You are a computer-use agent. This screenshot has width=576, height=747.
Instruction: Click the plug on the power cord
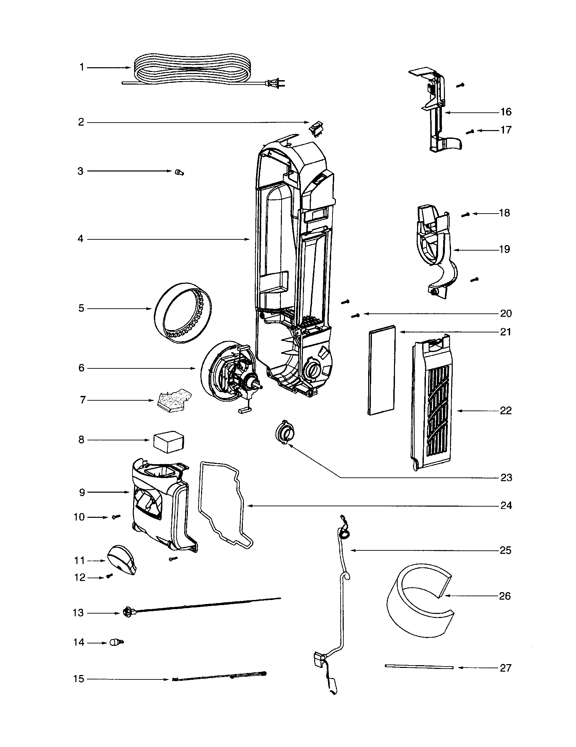tap(277, 83)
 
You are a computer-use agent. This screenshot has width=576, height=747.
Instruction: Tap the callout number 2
tap(81, 122)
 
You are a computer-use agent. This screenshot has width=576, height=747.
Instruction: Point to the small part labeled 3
tap(179, 172)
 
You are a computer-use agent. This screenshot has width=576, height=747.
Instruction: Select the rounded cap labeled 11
tap(122, 560)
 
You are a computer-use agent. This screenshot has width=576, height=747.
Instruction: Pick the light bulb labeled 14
tap(115, 643)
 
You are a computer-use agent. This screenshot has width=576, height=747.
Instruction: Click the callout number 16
tap(506, 112)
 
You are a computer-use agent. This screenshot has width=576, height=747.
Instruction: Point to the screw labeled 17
tap(471, 131)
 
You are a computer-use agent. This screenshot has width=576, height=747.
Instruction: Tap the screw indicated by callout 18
tap(465, 215)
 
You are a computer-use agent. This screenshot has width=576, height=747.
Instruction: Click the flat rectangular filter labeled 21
tap(381, 370)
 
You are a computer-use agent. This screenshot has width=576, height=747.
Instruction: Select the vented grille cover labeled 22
tap(433, 404)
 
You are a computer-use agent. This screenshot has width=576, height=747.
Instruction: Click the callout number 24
tap(506, 506)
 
